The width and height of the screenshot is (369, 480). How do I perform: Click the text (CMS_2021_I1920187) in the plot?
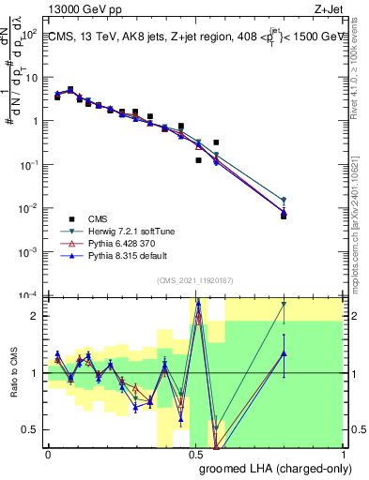[x=195, y=280]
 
